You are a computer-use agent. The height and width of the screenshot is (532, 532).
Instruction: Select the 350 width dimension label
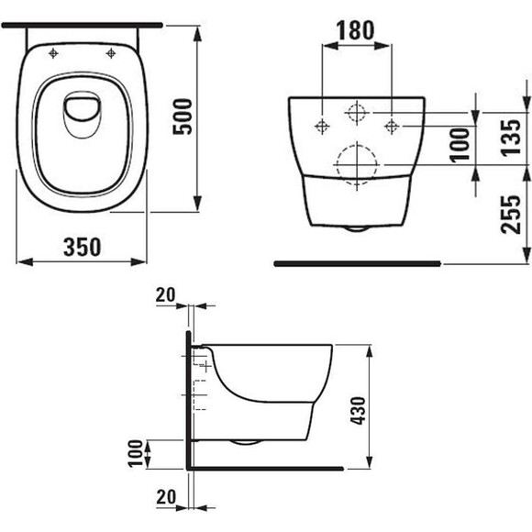click(82, 246)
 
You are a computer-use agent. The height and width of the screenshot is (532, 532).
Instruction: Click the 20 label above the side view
click(164, 295)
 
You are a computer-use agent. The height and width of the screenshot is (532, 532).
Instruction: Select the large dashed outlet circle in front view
click(357, 164)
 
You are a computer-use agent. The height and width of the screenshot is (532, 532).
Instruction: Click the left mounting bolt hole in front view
click(323, 124)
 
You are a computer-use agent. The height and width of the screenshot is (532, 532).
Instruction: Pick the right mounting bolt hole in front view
click(391, 124)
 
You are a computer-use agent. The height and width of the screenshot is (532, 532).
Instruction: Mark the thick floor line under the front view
click(357, 263)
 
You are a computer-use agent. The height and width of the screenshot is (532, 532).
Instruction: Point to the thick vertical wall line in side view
click(189, 400)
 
